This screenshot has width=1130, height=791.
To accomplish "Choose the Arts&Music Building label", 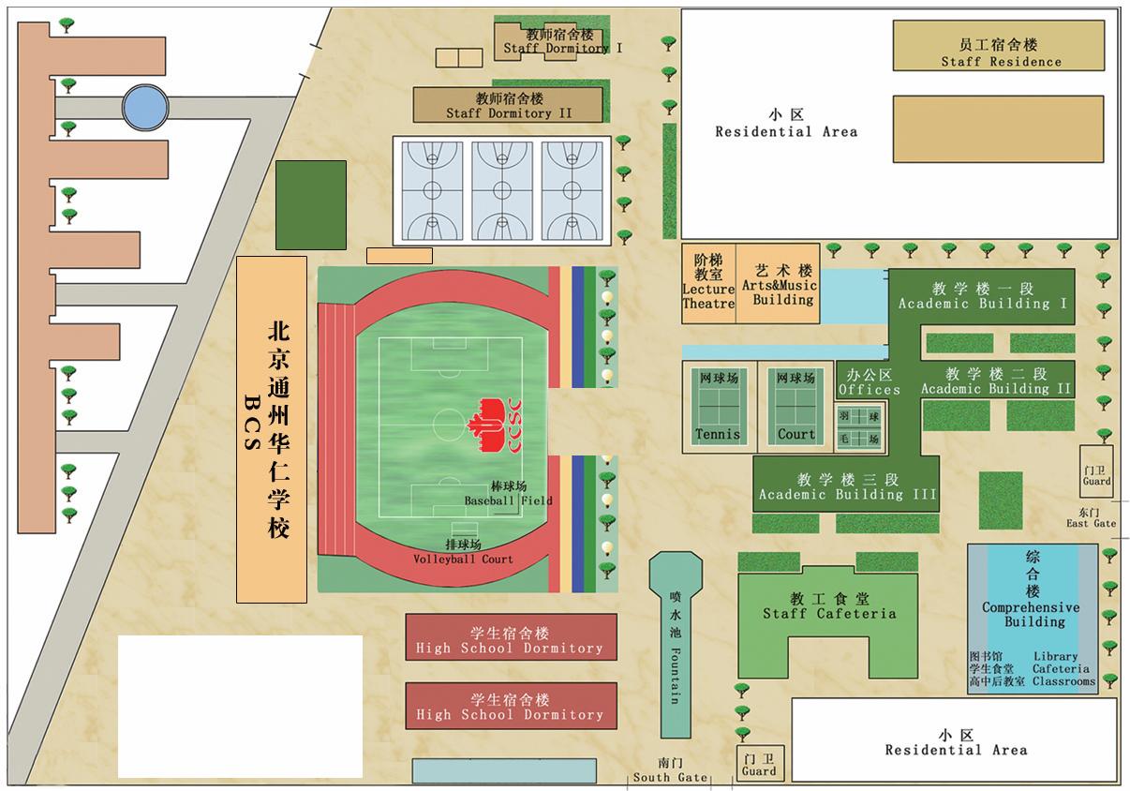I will tap(779, 291).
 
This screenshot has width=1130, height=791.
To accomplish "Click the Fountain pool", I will tap(675, 647).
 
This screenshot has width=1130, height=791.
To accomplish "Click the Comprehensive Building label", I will tap(1031, 614).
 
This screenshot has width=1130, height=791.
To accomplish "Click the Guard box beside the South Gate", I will tap(759, 764).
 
